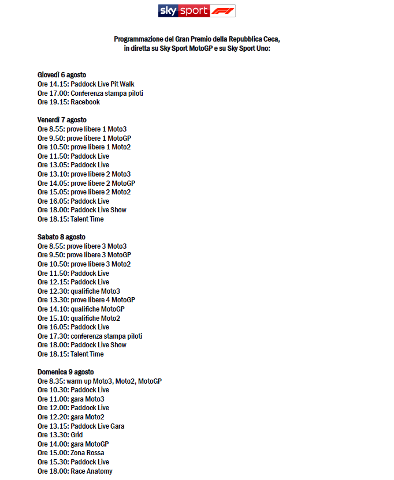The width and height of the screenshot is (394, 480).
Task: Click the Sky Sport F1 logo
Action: pos(196,11)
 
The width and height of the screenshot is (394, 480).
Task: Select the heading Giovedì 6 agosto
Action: pos(62,75)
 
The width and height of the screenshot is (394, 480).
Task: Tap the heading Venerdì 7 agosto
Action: pos(62,120)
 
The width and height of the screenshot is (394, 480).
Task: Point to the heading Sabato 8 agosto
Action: pos(61,237)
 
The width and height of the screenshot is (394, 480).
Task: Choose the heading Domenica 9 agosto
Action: pos(65,372)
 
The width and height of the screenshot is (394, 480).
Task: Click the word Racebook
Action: pos(85,102)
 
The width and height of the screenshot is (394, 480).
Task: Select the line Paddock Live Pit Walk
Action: pos(102,84)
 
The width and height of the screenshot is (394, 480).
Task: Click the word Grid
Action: pos(76,435)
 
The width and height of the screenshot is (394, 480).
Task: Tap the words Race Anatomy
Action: pos(91,471)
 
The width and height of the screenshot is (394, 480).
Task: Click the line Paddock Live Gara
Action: pos(97,426)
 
